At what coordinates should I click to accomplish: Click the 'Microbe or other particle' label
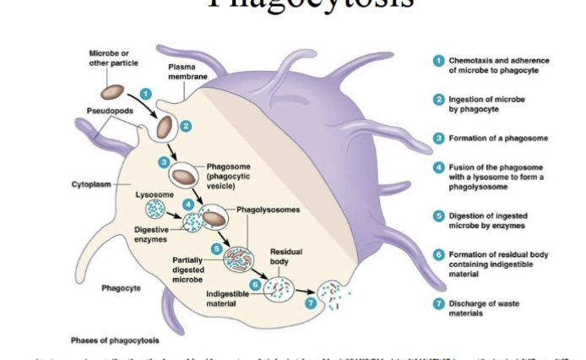click(x=109, y=58)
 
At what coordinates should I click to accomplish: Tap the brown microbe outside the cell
click(x=113, y=90)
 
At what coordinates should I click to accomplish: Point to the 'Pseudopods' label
click(x=109, y=111)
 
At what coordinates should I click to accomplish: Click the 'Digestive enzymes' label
click(x=152, y=233)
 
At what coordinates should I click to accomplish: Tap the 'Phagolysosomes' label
click(x=265, y=208)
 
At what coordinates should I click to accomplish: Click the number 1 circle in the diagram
click(x=145, y=94)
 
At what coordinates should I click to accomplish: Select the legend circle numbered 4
click(x=438, y=167)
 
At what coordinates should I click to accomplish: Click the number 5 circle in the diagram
click(x=217, y=248)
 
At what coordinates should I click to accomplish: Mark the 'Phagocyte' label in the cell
click(x=121, y=288)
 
